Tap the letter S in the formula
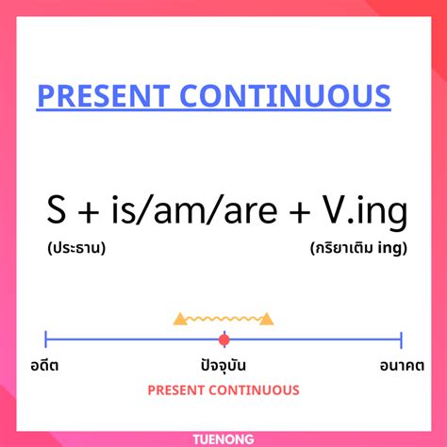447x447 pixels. point(56,211)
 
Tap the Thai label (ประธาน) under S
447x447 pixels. point(74,250)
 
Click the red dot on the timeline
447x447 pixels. point(223,339)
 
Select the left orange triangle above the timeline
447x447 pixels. point(180,320)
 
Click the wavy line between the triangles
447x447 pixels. point(223,320)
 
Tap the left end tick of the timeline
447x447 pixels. point(46,339)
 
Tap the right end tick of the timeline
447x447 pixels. point(401,339)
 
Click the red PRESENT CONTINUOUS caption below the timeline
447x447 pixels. point(223,389)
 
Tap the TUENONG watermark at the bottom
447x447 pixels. point(223,437)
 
